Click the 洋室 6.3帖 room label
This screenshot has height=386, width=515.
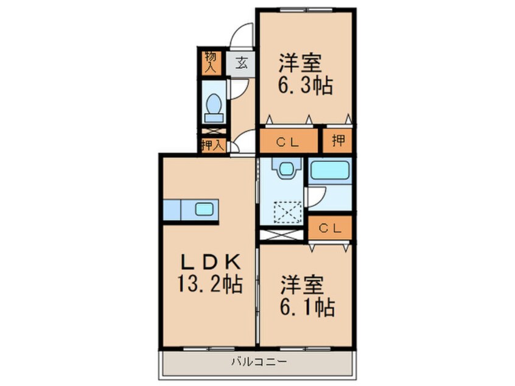click(x=304, y=75)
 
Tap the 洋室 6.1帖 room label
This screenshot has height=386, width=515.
click(x=307, y=296)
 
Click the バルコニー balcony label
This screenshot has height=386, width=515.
click(x=257, y=362)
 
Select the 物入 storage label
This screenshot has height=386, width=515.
click(x=211, y=63)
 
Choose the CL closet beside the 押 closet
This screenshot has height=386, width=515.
click(x=288, y=142)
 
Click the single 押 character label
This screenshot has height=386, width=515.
click(x=337, y=142)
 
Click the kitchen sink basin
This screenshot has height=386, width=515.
click(x=203, y=209)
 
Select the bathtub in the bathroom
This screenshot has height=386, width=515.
click(x=331, y=170)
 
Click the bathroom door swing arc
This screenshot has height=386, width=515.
click(x=317, y=195)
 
